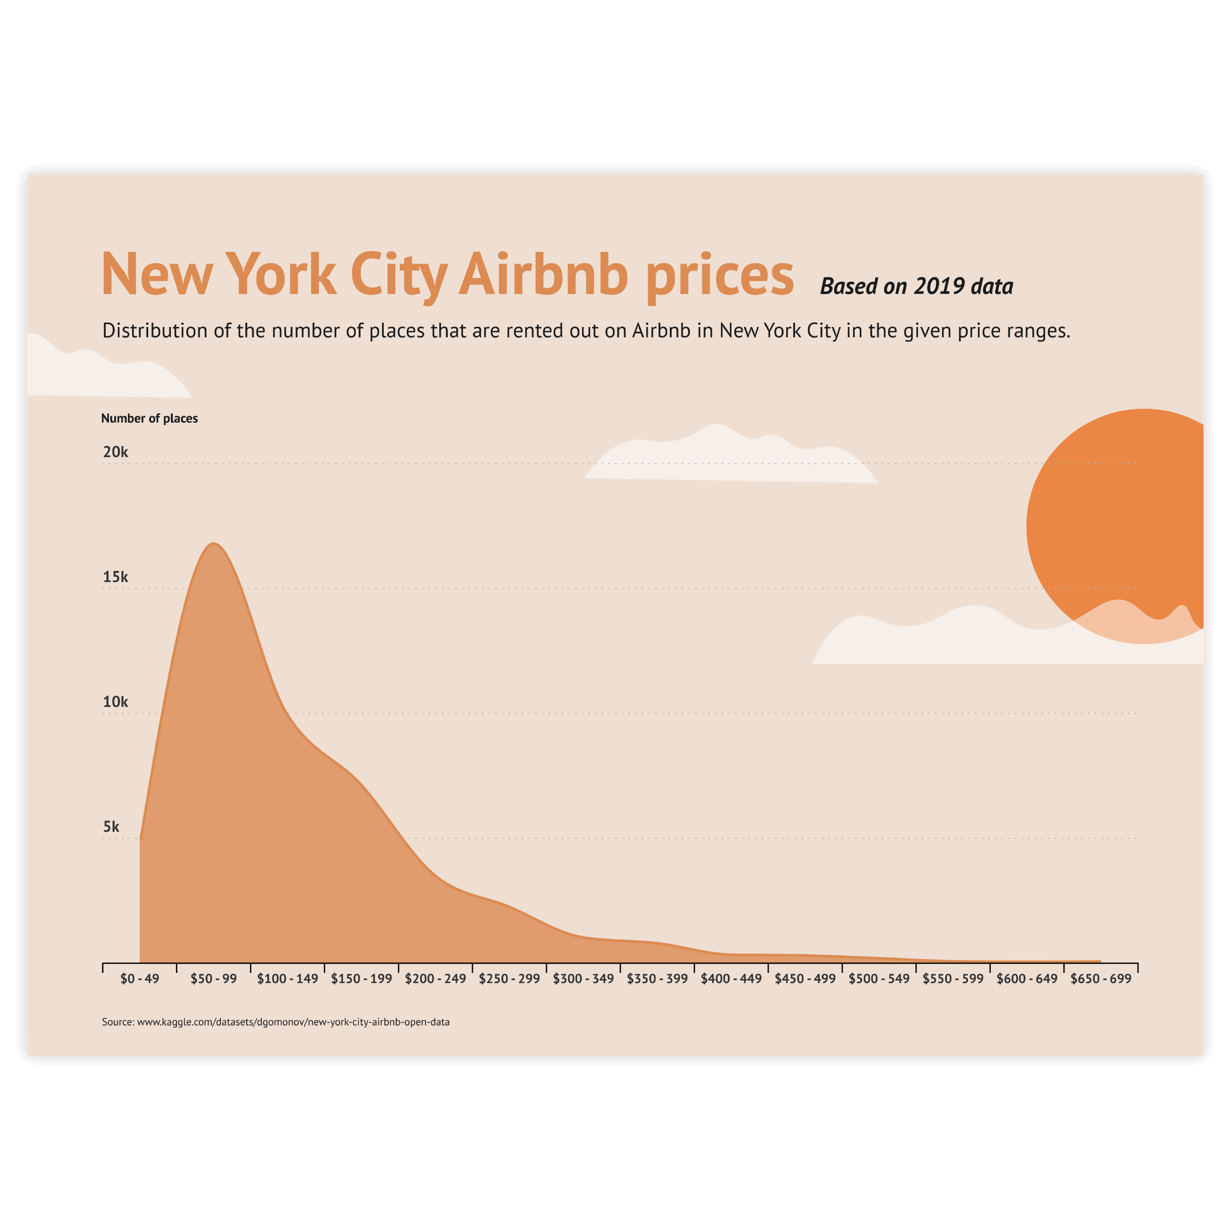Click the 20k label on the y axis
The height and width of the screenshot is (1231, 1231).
[x=115, y=452]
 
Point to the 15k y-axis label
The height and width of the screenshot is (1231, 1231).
[x=115, y=577]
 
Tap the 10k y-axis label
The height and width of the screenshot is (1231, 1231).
[x=115, y=702]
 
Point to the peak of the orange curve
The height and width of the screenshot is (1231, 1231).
[x=215, y=544]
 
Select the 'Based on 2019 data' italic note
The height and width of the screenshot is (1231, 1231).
[x=916, y=287]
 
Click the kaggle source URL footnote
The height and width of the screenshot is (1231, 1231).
[x=276, y=1022]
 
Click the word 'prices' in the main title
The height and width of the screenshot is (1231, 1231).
[x=720, y=276]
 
